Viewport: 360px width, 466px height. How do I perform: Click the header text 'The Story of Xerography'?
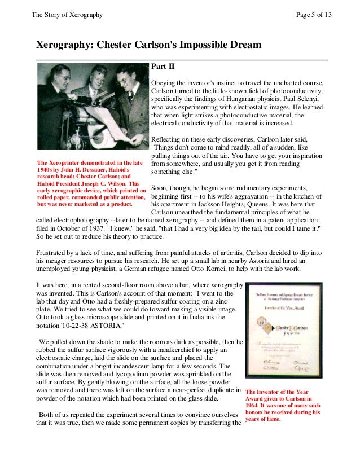68,14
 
